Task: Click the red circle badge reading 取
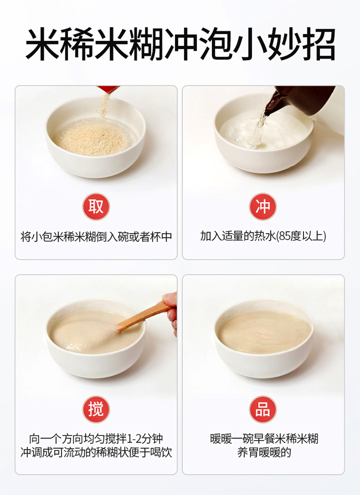tap(96, 206)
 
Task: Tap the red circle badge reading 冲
tap(262, 206)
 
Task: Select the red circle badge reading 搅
tap(96, 409)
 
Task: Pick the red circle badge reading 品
tap(262, 409)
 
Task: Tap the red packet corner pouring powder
tap(108, 89)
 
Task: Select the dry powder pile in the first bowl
tap(91, 139)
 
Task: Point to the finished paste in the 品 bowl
tap(264, 332)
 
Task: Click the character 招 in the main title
tap(318, 44)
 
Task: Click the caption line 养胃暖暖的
tap(264, 452)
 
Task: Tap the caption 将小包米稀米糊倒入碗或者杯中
tap(96, 236)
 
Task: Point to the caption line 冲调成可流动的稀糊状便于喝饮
tap(96, 452)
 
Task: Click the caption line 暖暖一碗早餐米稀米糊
tap(264, 438)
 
